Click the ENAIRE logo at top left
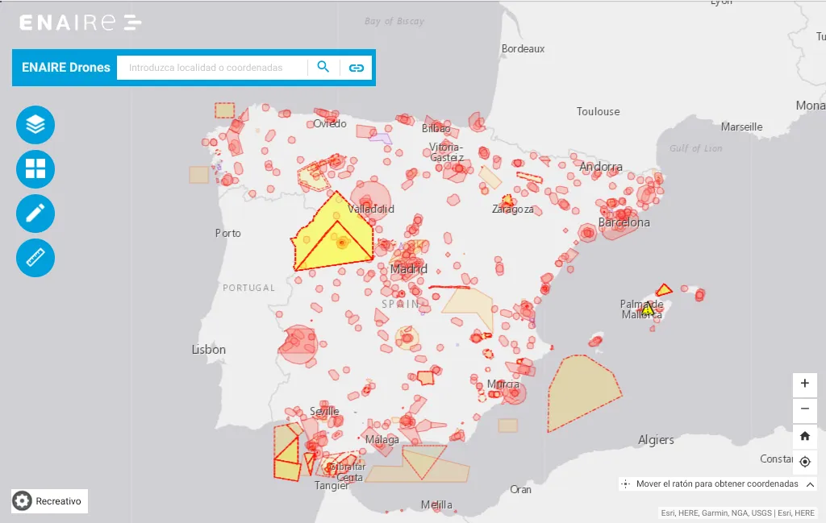[81, 23]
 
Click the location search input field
[212, 68]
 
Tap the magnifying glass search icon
[323, 67]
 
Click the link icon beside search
[356, 68]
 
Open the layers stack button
[35, 125]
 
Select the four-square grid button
[35, 169]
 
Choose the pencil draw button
[35, 214]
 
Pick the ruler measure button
[35, 258]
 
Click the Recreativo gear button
[49, 501]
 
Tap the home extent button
[804, 436]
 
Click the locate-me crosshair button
[804, 462]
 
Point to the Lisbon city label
[208, 350]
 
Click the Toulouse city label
[598, 111]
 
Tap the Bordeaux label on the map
[523, 48]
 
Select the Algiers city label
[656, 440]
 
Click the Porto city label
[227, 233]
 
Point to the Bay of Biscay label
[394, 22]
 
